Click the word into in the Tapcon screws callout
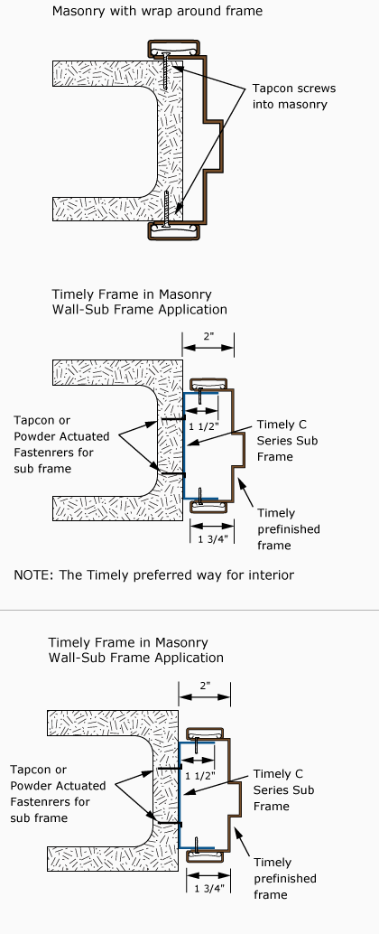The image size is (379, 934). (264, 104)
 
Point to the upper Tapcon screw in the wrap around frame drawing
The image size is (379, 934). (166, 71)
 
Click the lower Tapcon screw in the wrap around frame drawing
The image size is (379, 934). (166, 209)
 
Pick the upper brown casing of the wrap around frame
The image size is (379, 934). (174, 49)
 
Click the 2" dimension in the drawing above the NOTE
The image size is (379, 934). (208, 337)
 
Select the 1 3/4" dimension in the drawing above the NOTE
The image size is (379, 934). (212, 538)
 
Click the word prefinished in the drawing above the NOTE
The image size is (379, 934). (289, 529)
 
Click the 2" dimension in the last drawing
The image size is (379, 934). (205, 686)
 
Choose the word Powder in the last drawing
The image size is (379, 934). (30, 786)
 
